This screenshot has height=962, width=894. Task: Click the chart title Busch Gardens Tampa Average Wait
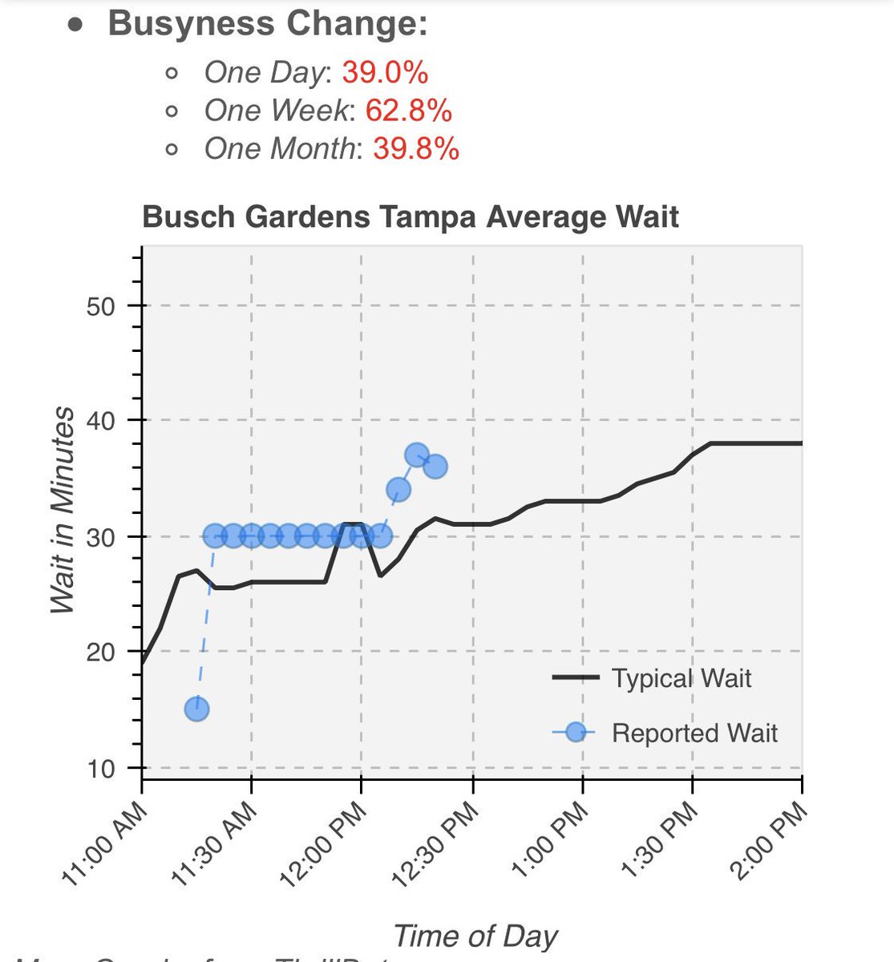point(411,217)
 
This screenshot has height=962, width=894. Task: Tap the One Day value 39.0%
point(385,73)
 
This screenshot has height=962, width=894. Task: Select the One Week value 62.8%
point(408,111)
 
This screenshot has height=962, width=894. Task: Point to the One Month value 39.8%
point(415,148)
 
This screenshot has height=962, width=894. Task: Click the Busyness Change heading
point(268,23)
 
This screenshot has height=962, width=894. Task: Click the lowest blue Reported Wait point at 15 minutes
point(196,709)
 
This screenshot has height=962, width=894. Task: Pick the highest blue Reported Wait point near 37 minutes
point(416,455)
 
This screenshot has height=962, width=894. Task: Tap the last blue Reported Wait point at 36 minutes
point(435,467)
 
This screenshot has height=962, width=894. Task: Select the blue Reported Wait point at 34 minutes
point(398,489)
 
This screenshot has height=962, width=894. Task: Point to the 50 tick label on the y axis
point(102,306)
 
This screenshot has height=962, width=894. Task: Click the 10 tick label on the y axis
point(102,769)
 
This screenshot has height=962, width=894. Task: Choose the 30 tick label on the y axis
point(102,537)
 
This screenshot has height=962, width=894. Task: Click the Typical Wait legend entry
point(681,678)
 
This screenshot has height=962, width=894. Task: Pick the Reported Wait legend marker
point(575,733)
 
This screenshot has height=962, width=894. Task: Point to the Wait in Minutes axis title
point(63,511)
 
